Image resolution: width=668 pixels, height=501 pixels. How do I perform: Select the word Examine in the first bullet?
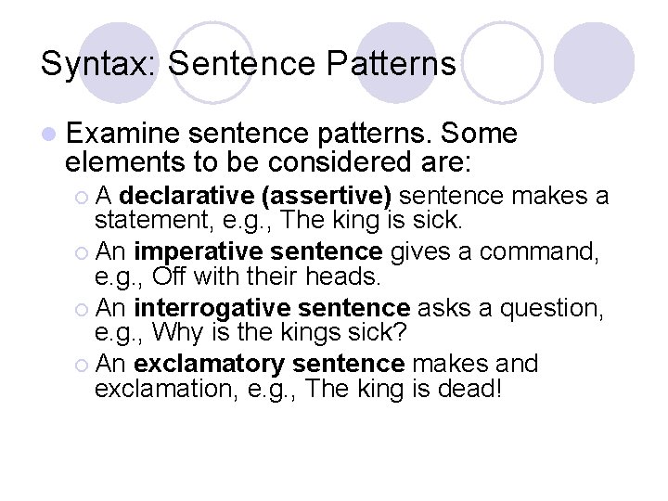tap(124, 135)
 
